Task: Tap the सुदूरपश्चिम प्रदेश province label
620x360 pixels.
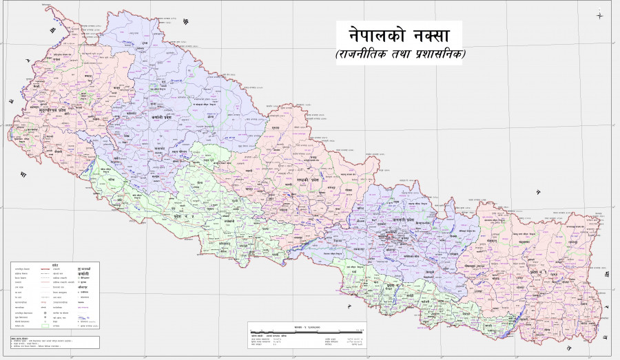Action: tap(47, 109)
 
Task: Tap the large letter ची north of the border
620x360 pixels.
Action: tap(185, 23)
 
